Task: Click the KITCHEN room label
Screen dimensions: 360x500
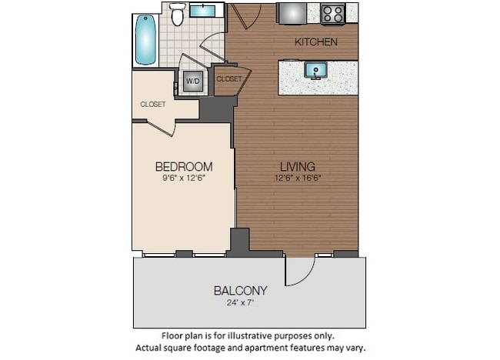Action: pyautogui.click(x=316, y=42)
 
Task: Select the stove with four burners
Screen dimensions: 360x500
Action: pyautogui.click(x=333, y=14)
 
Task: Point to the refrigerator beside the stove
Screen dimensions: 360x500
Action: pyautogui.click(x=292, y=14)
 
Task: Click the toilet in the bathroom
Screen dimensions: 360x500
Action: pyautogui.click(x=178, y=14)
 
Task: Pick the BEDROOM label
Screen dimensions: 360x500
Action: pyautogui.click(x=184, y=166)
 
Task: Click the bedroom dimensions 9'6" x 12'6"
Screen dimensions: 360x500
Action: pyautogui.click(x=184, y=178)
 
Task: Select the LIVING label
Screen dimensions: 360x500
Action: pyautogui.click(x=297, y=166)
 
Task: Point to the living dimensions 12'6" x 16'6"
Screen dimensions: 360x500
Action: pyautogui.click(x=297, y=178)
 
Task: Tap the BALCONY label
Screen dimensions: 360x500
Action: pyautogui.click(x=241, y=290)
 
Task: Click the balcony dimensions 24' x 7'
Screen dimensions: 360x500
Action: pyautogui.click(x=241, y=302)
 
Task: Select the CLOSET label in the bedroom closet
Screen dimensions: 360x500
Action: pyautogui.click(x=152, y=104)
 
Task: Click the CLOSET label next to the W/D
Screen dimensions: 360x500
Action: pyautogui.click(x=228, y=78)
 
